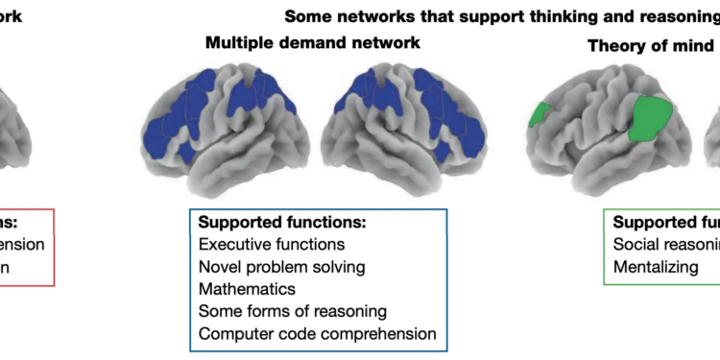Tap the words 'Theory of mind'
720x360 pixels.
click(651, 45)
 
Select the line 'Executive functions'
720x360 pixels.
click(272, 244)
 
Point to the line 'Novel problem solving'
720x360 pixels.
click(281, 266)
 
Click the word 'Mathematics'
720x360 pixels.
click(247, 288)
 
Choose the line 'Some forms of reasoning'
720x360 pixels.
click(293, 310)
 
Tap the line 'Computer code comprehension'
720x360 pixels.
click(317, 333)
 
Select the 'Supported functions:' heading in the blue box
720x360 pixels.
click(283, 223)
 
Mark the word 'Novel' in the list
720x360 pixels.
click(220, 266)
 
